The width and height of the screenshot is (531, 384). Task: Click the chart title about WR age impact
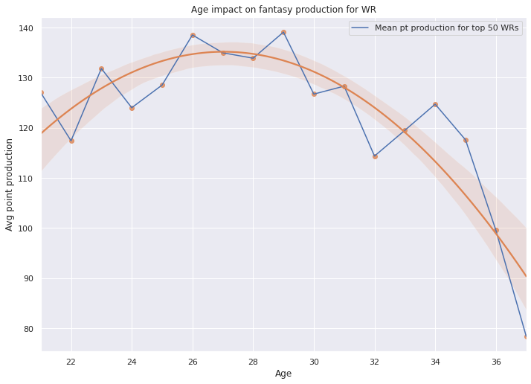click(x=283, y=9)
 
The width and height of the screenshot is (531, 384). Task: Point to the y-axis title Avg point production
click(x=10, y=184)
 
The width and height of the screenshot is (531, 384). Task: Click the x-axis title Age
click(x=283, y=373)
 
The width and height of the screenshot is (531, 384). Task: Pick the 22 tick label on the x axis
click(x=71, y=361)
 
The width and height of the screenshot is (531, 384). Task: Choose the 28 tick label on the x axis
click(x=253, y=361)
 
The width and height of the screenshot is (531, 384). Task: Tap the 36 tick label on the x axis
click(x=496, y=361)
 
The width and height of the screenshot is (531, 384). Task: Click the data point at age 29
click(x=283, y=32)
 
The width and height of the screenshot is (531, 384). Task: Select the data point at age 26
click(x=193, y=35)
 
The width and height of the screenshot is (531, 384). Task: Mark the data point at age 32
click(x=375, y=156)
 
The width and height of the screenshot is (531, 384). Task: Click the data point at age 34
click(x=435, y=104)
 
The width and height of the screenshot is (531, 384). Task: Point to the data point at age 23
click(x=101, y=68)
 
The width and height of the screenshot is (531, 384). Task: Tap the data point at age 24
click(x=132, y=108)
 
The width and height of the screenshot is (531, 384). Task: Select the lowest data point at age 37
click(x=526, y=336)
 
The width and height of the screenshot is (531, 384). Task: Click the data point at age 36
click(x=496, y=231)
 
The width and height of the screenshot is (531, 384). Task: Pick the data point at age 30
click(x=314, y=94)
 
